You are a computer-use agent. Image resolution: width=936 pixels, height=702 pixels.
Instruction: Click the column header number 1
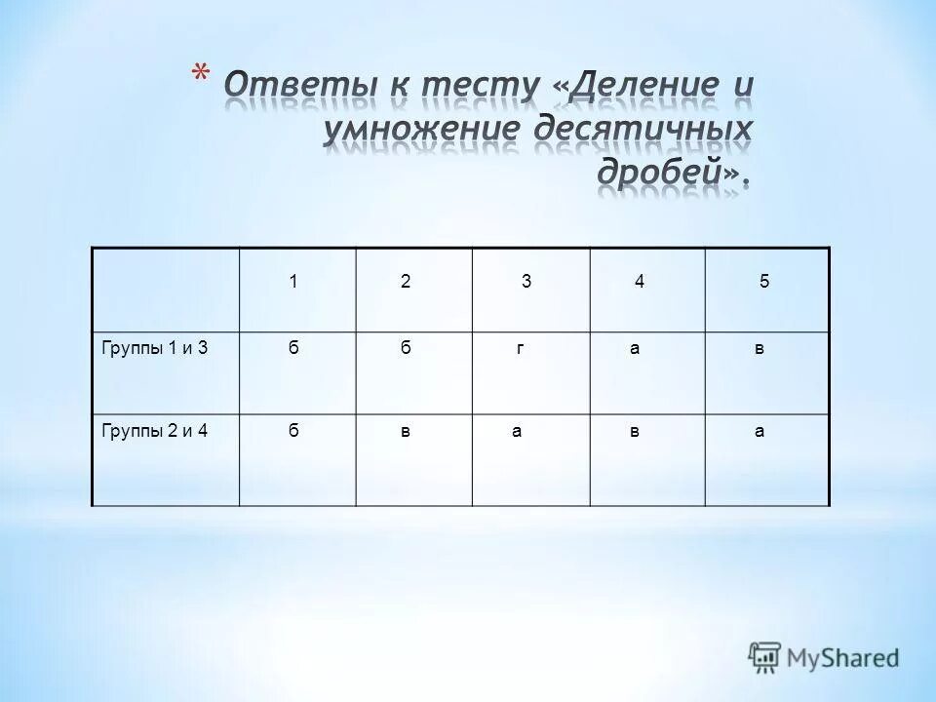(292, 282)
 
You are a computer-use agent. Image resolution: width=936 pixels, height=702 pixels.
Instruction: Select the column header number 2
(405, 282)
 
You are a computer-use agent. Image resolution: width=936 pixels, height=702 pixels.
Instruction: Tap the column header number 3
(526, 282)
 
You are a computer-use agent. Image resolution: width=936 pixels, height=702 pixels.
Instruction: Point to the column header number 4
(639, 282)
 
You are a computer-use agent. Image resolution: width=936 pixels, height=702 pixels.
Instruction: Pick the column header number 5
(764, 282)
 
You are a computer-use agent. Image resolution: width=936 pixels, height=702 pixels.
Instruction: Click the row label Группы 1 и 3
(156, 348)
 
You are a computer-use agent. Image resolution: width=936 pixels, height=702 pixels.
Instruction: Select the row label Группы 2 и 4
(156, 432)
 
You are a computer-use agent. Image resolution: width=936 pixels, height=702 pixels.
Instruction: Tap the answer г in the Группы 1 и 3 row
(522, 349)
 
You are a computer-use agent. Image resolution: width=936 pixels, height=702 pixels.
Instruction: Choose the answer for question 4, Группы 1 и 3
(635, 349)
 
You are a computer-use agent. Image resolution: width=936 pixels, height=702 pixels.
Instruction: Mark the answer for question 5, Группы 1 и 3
(760, 349)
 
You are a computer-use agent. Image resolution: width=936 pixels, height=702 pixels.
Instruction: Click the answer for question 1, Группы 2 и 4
(292, 432)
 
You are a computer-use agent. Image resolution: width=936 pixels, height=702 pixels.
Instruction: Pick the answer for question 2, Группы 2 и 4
(405, 432)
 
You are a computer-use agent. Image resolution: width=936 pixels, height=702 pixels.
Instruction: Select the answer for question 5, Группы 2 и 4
(760, 432)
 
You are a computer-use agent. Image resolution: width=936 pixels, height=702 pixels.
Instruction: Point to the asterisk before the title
(201, 73)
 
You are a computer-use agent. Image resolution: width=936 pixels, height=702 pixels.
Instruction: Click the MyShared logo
(824, 657)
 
